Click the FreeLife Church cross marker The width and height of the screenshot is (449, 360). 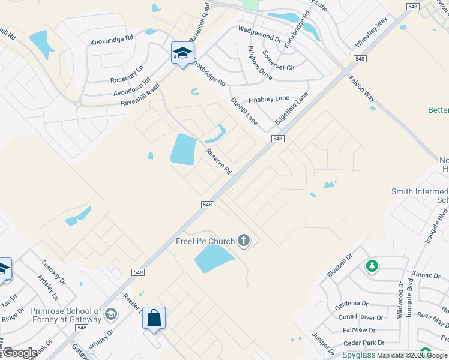click(x=243, y=241)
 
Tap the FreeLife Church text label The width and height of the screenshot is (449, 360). click(x=205, y=242)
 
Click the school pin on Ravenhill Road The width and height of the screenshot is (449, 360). click(x=182, y=53)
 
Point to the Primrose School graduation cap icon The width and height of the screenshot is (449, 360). click(x=110, y=314)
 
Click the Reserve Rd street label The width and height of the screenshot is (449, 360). click(x=218, y=161)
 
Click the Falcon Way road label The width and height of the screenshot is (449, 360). click(x=362, y=93)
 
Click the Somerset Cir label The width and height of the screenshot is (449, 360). click(x=278, y=60)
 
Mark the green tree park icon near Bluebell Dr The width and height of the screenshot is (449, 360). click(x=372, y=265)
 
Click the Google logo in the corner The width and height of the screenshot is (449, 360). click(x=20, y=353)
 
